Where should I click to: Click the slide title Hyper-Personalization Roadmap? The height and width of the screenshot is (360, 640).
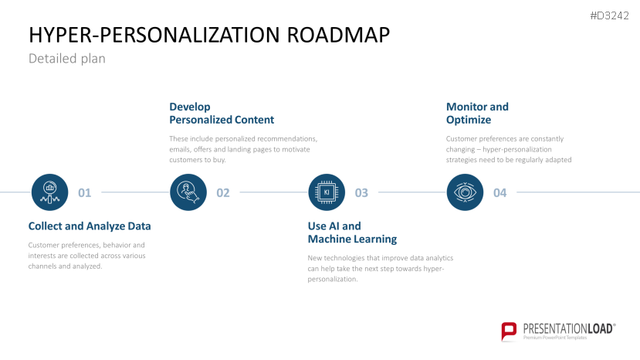tap(208, 35)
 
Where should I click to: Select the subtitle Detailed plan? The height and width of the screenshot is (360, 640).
tap(66, 59)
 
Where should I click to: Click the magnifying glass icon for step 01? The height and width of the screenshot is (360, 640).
tap(50, 192)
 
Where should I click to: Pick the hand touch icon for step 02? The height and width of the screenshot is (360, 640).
tap(188, 192)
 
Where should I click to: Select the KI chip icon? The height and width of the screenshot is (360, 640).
tap(327, 192)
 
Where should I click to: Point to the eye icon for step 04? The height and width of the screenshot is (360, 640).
tap(466, 192)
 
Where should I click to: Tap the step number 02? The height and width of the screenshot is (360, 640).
tap(223, 193)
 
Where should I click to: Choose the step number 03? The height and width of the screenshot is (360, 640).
tap(361, 193)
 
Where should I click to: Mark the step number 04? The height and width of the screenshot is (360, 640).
tap(499, 193)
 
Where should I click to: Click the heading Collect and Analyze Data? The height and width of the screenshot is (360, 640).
tap(90, 226)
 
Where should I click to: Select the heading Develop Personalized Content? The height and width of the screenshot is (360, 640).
tap(222, 114)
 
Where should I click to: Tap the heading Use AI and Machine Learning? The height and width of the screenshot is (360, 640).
tap(352, 233)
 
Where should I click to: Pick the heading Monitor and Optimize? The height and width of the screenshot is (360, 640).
tap(478, 114)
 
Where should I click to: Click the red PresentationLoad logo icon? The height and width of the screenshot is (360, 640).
tap(509, 331)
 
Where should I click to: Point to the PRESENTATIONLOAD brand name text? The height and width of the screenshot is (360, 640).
tap(568, 328)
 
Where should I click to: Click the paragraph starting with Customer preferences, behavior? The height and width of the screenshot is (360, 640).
tap(86, 256)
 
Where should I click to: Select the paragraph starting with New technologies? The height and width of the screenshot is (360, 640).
tap(381, 268)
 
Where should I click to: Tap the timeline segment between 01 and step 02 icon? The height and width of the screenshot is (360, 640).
tap(135, 192)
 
